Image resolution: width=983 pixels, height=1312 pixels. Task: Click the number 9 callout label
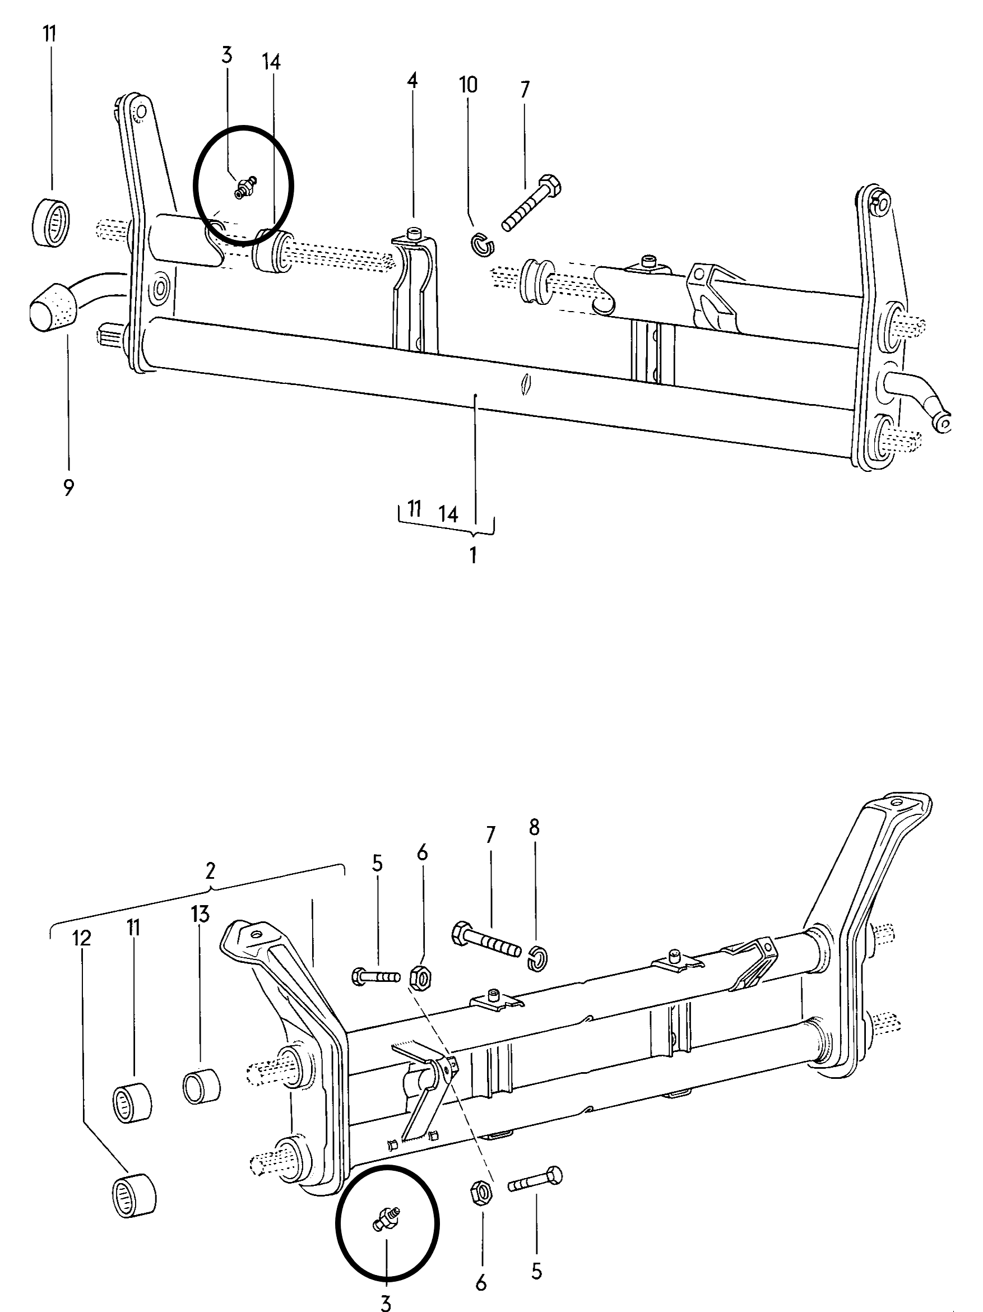[x=68, y=488]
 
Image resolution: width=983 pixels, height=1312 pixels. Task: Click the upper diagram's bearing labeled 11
[x=50, y=222]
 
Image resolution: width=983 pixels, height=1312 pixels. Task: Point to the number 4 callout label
[x=412, y=81]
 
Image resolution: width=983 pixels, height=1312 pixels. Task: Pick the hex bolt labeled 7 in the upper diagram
[x=531, y=202]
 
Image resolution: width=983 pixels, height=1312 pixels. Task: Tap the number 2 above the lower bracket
[x=211, y=871]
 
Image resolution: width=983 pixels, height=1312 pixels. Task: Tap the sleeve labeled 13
[x=202, y=1088]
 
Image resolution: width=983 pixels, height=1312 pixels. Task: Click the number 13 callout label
[x=201, y=915]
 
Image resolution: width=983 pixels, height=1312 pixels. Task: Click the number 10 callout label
[x=468, y=85]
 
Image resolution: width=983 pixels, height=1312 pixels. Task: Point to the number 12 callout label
[x=82, y=938]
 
